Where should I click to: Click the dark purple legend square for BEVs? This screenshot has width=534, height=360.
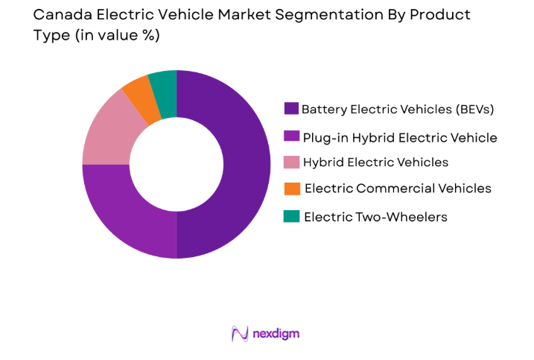point(292,109)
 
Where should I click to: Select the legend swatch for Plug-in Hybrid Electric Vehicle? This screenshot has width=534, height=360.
point(292,136)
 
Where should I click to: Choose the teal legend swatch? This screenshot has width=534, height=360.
point(292,216)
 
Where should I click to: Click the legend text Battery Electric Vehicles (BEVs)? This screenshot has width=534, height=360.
point(398,110)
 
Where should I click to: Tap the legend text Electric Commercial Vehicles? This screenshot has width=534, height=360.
point(398,189)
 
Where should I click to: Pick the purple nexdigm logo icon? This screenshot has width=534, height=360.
point(240,333)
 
